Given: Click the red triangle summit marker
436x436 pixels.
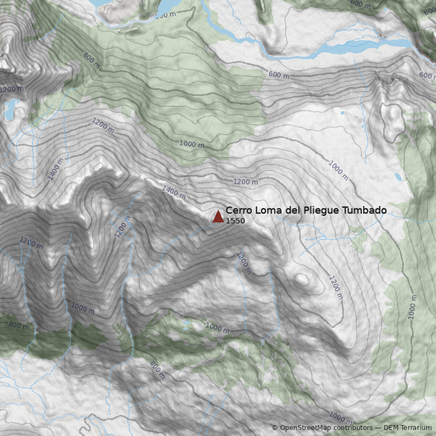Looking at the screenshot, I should click(x=218, y=217).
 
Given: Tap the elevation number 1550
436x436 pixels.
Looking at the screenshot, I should click(x=235, y=221).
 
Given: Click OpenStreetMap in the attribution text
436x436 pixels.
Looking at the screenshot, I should click(x=306, y=428).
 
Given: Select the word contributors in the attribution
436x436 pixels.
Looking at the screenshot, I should click(x=354, y=428).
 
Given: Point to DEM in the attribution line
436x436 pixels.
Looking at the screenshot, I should click(x=392, y=428).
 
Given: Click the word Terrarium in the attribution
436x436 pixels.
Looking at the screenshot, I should click(x=416, y=428).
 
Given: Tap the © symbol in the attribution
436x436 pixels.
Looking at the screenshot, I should click(x=275, y=428).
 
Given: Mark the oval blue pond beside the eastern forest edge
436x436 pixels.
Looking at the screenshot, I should click(x=398, y=177).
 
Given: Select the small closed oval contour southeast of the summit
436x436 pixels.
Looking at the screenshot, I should click(x=301, y=280).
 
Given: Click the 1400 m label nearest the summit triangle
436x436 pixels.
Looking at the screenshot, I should click(x=174, y=192).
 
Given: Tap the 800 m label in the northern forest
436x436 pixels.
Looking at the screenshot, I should click(x=92, y=60).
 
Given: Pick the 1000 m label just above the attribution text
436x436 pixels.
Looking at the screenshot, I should click(x=340, y=419).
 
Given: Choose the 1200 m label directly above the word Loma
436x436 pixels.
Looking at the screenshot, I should click(x=245, y=181).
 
